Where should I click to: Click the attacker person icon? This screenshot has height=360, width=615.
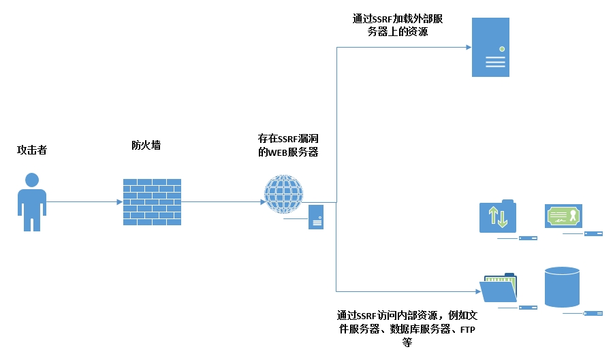[31, 203]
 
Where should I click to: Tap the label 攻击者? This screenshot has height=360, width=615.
[31, 150]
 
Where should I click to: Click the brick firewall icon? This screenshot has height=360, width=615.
[152, 202]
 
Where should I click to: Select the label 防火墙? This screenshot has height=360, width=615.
[146, 145]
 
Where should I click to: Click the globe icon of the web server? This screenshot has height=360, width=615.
[283, 193]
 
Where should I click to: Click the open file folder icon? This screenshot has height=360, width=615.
[499, 289]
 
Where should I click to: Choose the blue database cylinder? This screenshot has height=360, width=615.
[562, 287]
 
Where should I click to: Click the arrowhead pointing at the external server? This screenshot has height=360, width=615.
[469, 47]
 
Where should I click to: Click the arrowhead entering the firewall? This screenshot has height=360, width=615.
[120, 201]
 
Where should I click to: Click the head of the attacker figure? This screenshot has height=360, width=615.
[31, 180]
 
